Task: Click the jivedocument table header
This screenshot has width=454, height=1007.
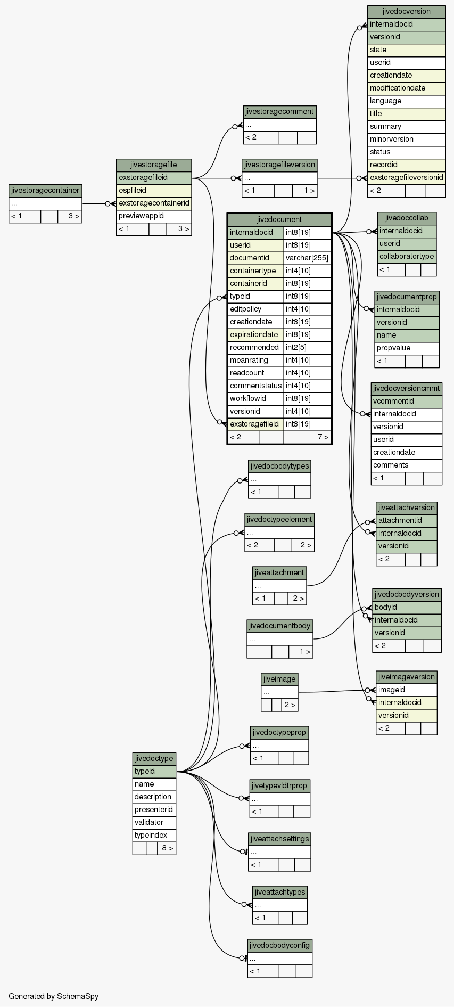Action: click(279, 219)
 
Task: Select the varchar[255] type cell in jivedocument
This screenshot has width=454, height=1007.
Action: click(307, 258)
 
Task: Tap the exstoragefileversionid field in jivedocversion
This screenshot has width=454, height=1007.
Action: click(406, 177)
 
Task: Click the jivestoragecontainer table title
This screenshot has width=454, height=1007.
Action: click(45, 190)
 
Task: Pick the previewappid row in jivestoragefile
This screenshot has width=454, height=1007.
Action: click(154, 216)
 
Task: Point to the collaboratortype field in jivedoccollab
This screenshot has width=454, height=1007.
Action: click(407, 256)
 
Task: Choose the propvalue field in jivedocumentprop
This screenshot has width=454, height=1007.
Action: click(407, 348)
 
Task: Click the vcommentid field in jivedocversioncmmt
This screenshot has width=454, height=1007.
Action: click(406, 401)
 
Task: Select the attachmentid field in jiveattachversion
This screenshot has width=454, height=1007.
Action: click(407, 520)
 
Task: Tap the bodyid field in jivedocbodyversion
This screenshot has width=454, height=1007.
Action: click(407, 607)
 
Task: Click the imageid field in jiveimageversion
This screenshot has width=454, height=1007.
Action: click(407, 690)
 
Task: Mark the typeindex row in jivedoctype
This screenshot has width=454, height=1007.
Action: click(154, 835)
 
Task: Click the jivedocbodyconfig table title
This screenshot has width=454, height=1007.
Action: click(280, 945)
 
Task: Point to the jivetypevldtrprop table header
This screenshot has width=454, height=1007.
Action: click(280, 785)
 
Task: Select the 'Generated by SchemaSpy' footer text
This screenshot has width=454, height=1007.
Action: click(53, 996)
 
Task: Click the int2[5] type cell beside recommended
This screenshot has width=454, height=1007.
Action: click(307, 347)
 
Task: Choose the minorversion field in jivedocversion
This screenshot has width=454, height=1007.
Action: click(406, 139)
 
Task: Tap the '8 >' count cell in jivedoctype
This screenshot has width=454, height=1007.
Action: click(167, 848)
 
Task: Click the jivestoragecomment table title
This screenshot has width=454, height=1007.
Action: click(280, 111)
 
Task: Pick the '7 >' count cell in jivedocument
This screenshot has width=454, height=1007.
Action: click(307, 437)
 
